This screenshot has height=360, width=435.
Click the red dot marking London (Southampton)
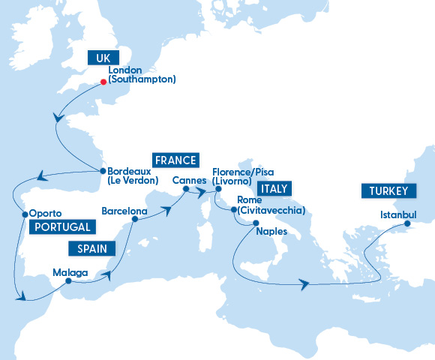pyautogui.click(x=103, y=82)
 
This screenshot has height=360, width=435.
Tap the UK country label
pyautogui.click(x=103, y=58)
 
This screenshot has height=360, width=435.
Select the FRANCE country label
pyautogui.click(x=175, y=160)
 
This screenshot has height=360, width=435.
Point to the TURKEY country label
pyautogui.click(x=388, y=191)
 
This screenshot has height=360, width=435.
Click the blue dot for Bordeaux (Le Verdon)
pyautogui.click(x=102, y=170)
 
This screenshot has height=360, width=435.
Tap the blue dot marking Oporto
pyautogui.click(x=25, y=214)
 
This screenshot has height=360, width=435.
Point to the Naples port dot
pyautogui.click(x=256, y=223)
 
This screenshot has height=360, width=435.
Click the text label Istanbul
pyautogui.click(x=397, y=214)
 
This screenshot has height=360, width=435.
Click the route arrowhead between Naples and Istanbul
pyautogui.click(x=304, y=284)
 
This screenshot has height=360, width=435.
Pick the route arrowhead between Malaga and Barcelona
pyautogui.click(x=114, y=274)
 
